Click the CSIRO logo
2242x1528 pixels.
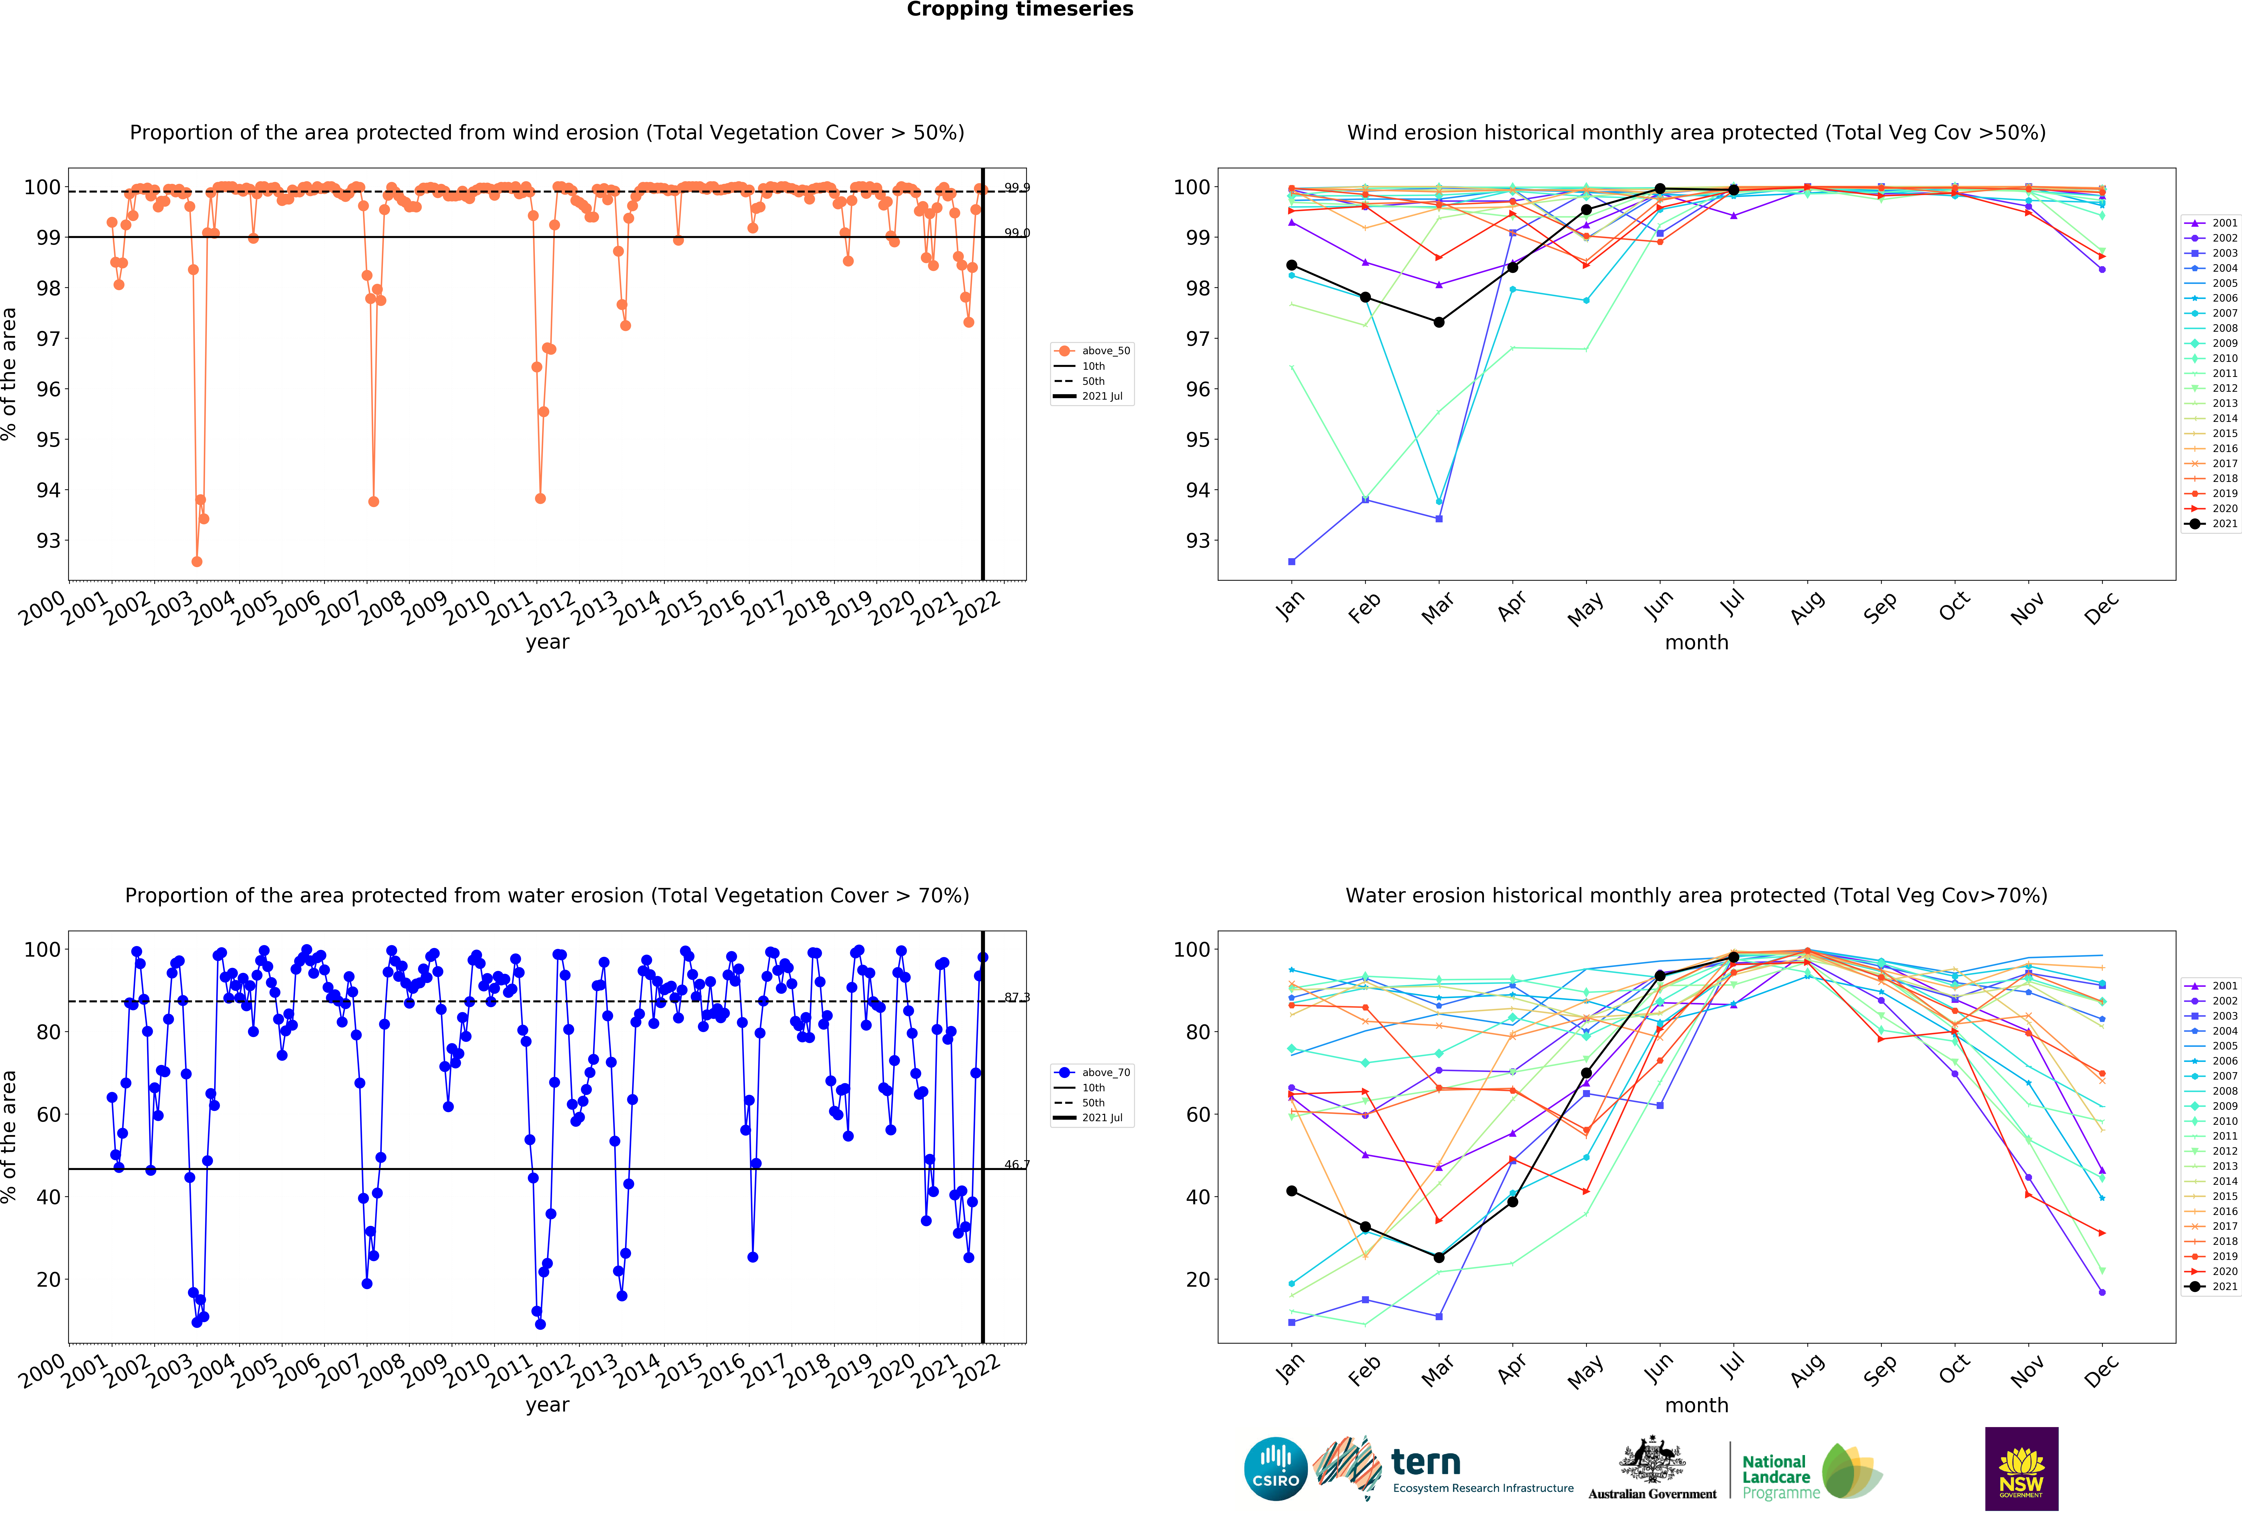click(x=1275, y=1468)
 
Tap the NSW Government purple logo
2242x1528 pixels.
click(x=2021, y=1468)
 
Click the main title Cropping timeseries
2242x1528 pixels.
click(x=1020, y=10)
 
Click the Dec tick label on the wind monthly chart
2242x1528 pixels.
click(x=2101, y=608)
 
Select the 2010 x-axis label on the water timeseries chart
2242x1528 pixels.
click(x=467, y=1370)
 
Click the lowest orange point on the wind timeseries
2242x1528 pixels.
click(x=197, y=561)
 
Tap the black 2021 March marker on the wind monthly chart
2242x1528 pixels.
click(x=1438, y=322)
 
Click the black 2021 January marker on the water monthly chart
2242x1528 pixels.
click(x=1292, y=1191)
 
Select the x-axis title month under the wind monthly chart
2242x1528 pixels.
click(x=1696, y=642)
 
